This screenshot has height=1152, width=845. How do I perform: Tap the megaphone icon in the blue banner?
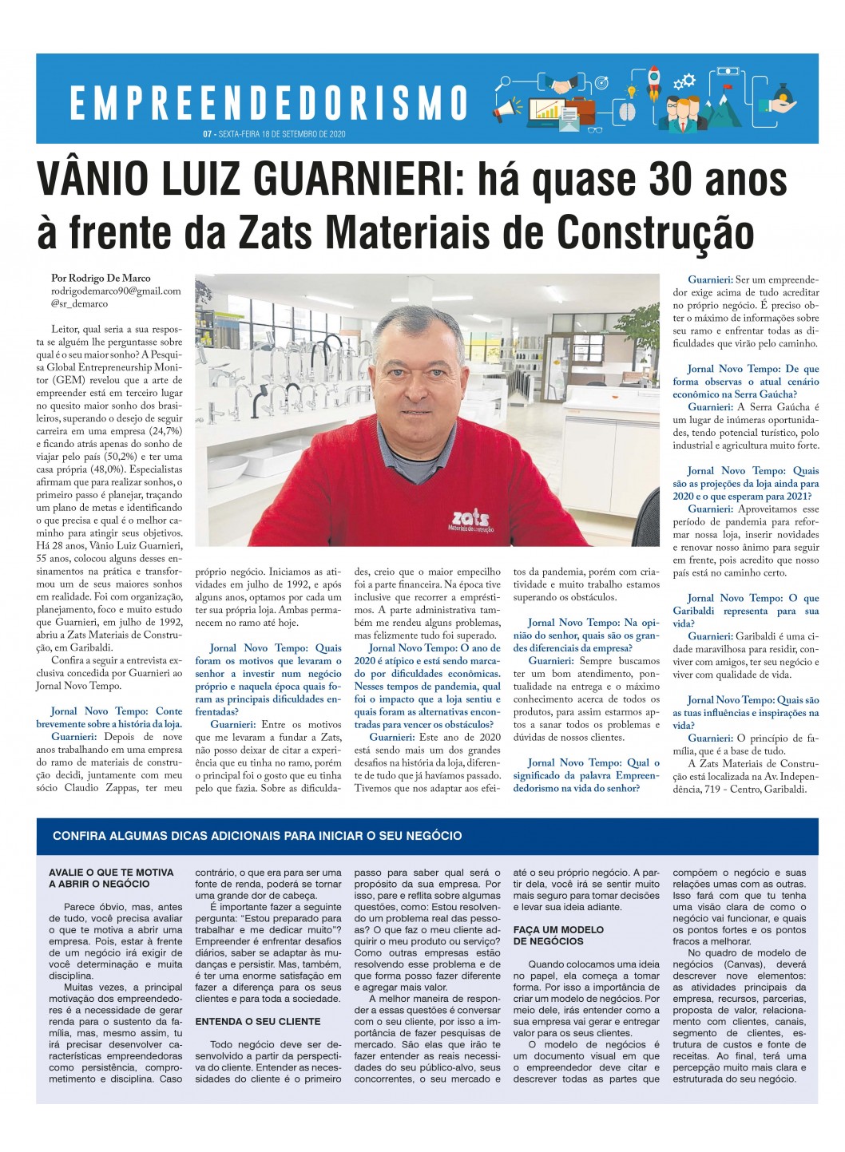(506, 111)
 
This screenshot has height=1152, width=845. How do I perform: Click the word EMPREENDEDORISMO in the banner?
(268, 102)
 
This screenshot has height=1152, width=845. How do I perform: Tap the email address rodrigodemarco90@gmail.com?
(116, 291)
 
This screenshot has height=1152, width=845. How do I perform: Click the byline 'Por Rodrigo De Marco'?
(101, 279)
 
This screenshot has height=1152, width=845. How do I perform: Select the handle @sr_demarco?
(79, 304)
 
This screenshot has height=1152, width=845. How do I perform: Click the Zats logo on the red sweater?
(471, 520)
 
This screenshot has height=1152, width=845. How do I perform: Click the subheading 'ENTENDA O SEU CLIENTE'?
(258, 1021)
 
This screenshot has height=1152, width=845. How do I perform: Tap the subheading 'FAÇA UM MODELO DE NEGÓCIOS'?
(558, 935)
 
